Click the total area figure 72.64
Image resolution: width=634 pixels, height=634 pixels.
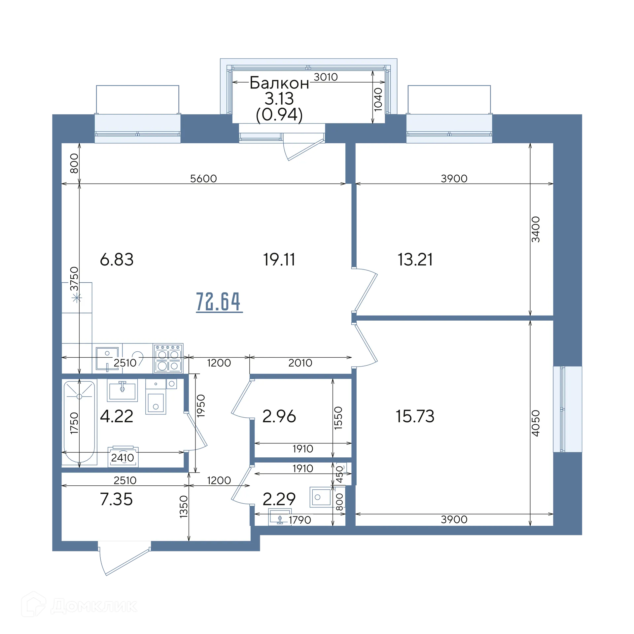click(219, 301)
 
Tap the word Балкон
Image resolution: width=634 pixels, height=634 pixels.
click(279, 83)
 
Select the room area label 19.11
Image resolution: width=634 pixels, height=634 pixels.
click(279, 259)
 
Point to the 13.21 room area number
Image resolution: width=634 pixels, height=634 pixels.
click(415, 259)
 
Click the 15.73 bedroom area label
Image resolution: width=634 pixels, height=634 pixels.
click(415, 416)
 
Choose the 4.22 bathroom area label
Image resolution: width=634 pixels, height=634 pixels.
click(117, 416)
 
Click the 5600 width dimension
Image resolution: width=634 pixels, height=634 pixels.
click(203, 178)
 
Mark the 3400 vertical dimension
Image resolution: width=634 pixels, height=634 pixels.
click(536, 229)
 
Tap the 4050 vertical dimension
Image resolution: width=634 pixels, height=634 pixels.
click(536, 423)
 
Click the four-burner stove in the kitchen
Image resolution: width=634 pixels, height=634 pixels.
click(168, 358)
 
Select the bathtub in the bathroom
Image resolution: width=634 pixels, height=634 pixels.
click(79, 423)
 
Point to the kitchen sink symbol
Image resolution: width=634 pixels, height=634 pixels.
click(107, 358)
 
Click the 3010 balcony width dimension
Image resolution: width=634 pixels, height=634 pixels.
click(326, 77)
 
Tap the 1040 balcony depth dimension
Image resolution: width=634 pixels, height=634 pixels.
click(378, 99)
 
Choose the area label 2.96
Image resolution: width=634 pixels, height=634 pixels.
click(279, 416)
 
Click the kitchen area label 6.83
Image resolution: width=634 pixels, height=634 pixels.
click(117, 259)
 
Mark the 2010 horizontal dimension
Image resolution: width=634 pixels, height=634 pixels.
click(300, 363)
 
